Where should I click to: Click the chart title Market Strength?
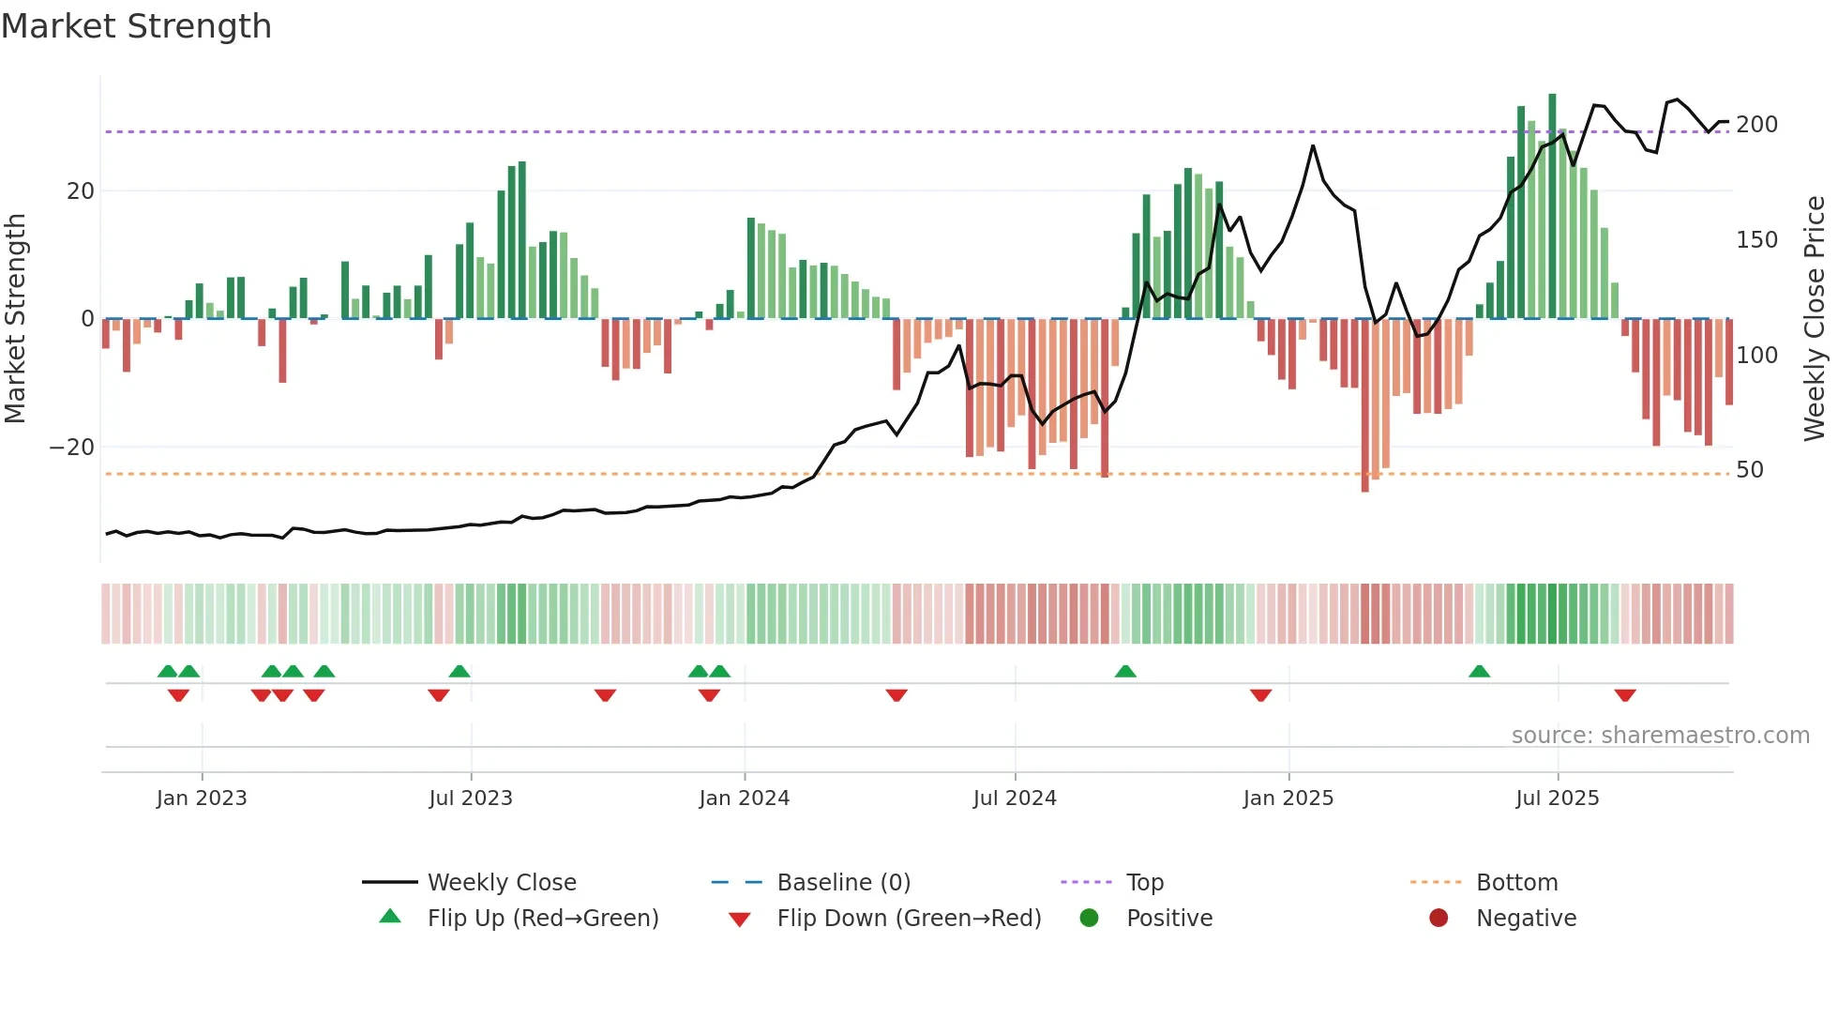[x=137, y=26]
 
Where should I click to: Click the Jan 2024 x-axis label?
[x=744, y=798]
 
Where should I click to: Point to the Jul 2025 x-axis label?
[x=1557, y=798]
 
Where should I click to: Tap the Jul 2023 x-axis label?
[x=470, y=798]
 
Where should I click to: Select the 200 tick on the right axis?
[x=1756, y=125]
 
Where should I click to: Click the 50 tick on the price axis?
[x=1749, y=470]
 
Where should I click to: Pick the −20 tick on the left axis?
[x=72, y=448]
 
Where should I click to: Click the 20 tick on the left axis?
[x=80, y=191]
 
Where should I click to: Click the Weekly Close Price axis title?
[x=1815, y=319]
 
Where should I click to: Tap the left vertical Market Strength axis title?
[x=15, y=319]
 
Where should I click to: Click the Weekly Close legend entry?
[x=501, y=883]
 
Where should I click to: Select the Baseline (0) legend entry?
[x=843, y=883]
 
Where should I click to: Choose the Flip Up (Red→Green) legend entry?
[x=542, y=919]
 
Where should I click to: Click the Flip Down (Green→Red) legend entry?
[x=908, y=919]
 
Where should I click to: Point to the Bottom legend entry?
[x=1515, y=883]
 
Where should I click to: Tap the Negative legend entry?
[x=1525, y=919]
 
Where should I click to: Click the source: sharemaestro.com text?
[x=1660, y=736]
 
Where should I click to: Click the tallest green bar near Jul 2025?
[x=1552, y=206]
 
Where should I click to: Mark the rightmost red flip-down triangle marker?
[x=1625, y=695]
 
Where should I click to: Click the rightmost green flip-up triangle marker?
[x=1479, y=672]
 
